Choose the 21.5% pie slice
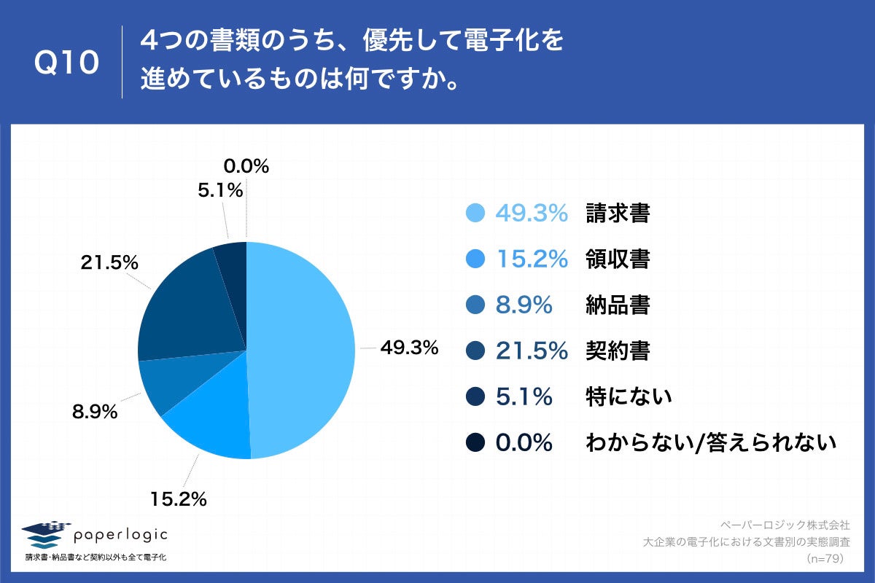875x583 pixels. (x=186, y=306)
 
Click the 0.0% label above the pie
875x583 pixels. (x=245, y=166)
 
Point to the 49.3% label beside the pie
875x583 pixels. (x=409, y=348)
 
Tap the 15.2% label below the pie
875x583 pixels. (x=179, y=499)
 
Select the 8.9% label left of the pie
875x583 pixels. (x=95, y=412)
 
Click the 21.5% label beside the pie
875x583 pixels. (x=109, y=263)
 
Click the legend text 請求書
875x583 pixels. (x=617, y=213)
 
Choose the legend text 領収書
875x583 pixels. (x=617, y=259)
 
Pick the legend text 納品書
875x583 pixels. (x=617, y=305)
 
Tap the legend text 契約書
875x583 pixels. (x=617, y=351)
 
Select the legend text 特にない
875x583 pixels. (x=628, y=396)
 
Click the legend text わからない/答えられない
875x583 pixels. (x=709, y=442)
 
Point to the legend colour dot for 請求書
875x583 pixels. (x=475, y=213)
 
